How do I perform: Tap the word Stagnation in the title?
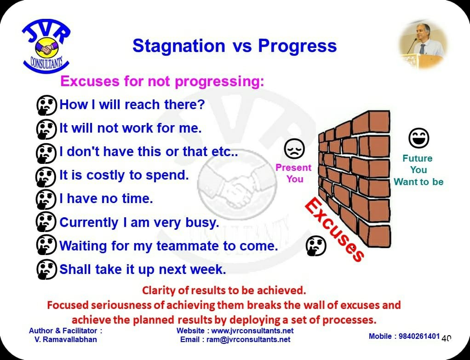(x=178, y=46)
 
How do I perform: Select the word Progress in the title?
(x=298, y=46)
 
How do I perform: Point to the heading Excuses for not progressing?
(x=162, y=81)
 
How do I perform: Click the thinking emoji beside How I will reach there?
(x=46, y=105)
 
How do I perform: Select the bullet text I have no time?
(x=106, y=198)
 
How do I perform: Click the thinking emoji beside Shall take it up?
(x=46, y=269)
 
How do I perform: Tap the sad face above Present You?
(x=294, y=149)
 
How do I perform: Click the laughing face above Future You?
(x=419, y=138)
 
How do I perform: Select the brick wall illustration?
(x=354, y=179)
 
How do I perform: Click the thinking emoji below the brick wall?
(x=316, y=246)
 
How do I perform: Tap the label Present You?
(x=294, y=173)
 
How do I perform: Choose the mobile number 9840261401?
(x=419, y=337)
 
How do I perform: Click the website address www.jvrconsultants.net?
(x=252, y=331)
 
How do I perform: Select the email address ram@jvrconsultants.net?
(x=248, y=340)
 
